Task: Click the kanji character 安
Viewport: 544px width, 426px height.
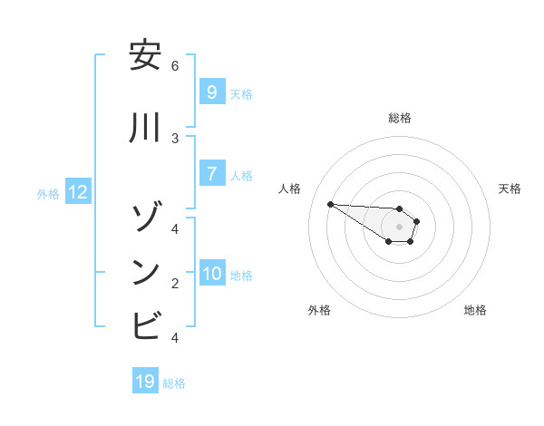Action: pyautogui.click(x=145, y=56)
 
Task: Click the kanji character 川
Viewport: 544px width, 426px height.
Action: pyautogui.click(x=145, y=128)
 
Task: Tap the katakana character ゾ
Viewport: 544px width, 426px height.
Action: pyautogui.click(x=145, y=218)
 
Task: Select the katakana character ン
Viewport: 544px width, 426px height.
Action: pyautogui.click(x=145, y=272)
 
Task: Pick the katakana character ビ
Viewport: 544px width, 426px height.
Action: pyautogui.click(x=145, y=325)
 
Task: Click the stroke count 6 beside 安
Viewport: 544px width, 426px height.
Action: pyautogui.click(x=175, y=65)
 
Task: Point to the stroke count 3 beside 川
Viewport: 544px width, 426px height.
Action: pyautogui.click(x=175, y=138)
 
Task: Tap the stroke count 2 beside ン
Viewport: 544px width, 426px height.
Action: pyautogui.click(x=175, y=283)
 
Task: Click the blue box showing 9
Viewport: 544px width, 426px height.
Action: pyautogui.click(x=211, y=92)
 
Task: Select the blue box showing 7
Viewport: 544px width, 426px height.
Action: pyautogui.click(x=211, y=173)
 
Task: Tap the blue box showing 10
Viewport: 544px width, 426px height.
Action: pyautogui.click(x=212, y=273)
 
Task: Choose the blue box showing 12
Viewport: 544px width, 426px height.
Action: pyautogui.click(x=77, y=191)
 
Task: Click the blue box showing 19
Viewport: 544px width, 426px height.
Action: pyautogui.click(x=145, y=382)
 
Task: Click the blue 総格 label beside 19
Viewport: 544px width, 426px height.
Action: pyautogui.click(x=174, y=383)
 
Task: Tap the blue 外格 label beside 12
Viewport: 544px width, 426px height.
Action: pyautogui.click(x=48, y=193)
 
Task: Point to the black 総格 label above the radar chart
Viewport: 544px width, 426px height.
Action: pyautogui.click(x=399, y=118)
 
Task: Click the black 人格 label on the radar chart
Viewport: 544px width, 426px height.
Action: pyautogui.click(x=290, y=189)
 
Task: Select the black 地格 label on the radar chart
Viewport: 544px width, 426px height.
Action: pyautogui.click(x=475, y=310)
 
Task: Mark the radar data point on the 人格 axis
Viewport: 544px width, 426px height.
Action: pyautogui.click(x=330, y=204)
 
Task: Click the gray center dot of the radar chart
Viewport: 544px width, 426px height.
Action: pyautogui.click(x=399, y=227)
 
